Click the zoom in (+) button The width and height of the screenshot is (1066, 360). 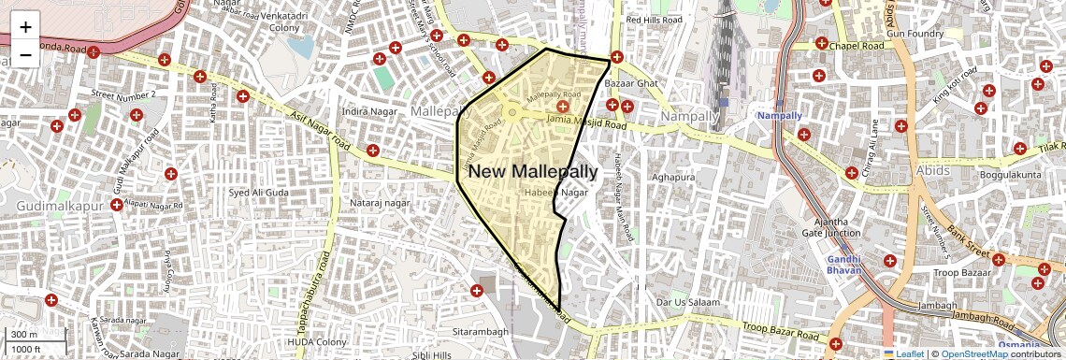pyautogui.click(x=25, y=26)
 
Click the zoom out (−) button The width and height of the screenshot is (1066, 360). pyautogui.click(x=25, y=54)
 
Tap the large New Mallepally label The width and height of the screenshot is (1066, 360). pyautogui.click(x=532, y=171)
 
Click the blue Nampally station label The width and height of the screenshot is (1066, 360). pyautogui.click(x=779, y=115)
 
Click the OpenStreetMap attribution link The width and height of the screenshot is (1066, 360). pyautogui.click(x=973, y=353)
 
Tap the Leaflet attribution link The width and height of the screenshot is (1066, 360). pyautogui.click(x=906, y=353)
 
